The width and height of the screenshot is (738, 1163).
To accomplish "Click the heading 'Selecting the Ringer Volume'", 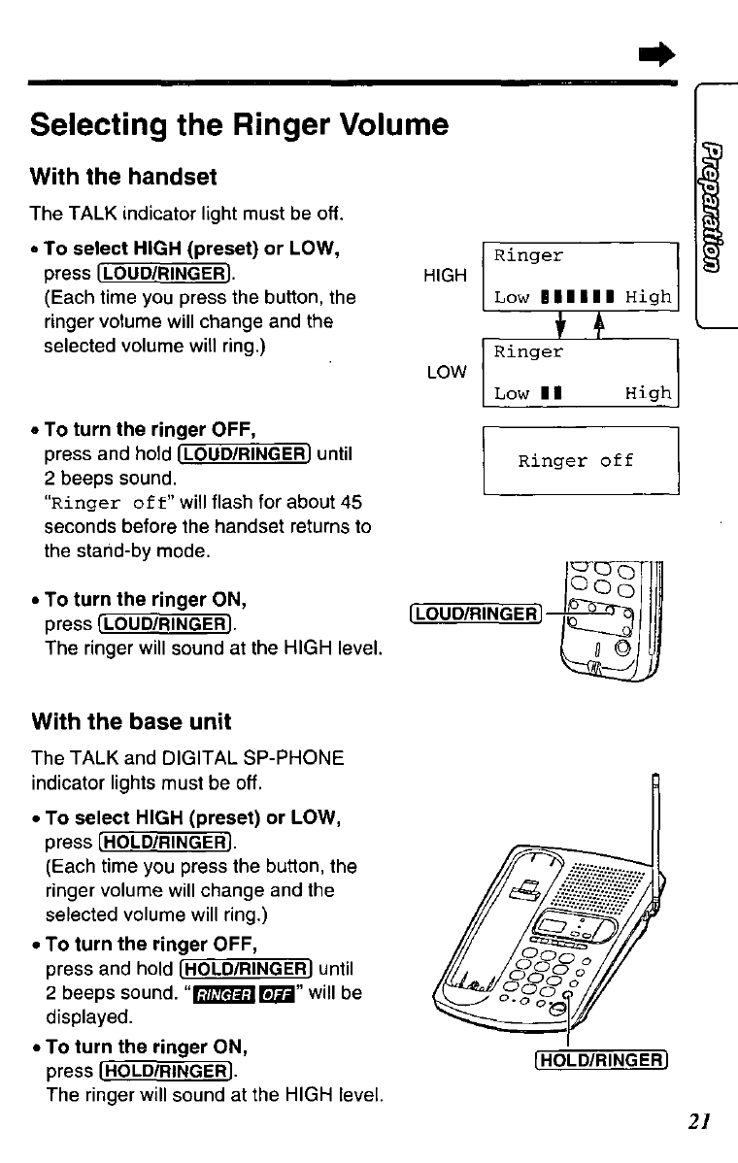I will coord(239,126).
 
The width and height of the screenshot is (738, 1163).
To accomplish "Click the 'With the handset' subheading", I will coord(123,178).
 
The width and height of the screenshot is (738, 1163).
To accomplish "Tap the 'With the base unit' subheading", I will coord(131,721).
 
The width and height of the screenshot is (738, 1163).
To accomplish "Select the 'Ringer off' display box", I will coord(580,461).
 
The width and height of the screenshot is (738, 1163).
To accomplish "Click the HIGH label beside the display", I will coord(446,277).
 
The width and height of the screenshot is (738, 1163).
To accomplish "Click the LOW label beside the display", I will coord(446,372).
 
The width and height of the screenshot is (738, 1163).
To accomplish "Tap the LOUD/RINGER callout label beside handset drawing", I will coord(474,613).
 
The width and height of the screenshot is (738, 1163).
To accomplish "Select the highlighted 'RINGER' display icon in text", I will coord(223,993).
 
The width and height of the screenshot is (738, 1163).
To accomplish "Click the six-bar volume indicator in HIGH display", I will coord(580,297).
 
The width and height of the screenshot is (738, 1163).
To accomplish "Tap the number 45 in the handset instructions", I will coord(352,503).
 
